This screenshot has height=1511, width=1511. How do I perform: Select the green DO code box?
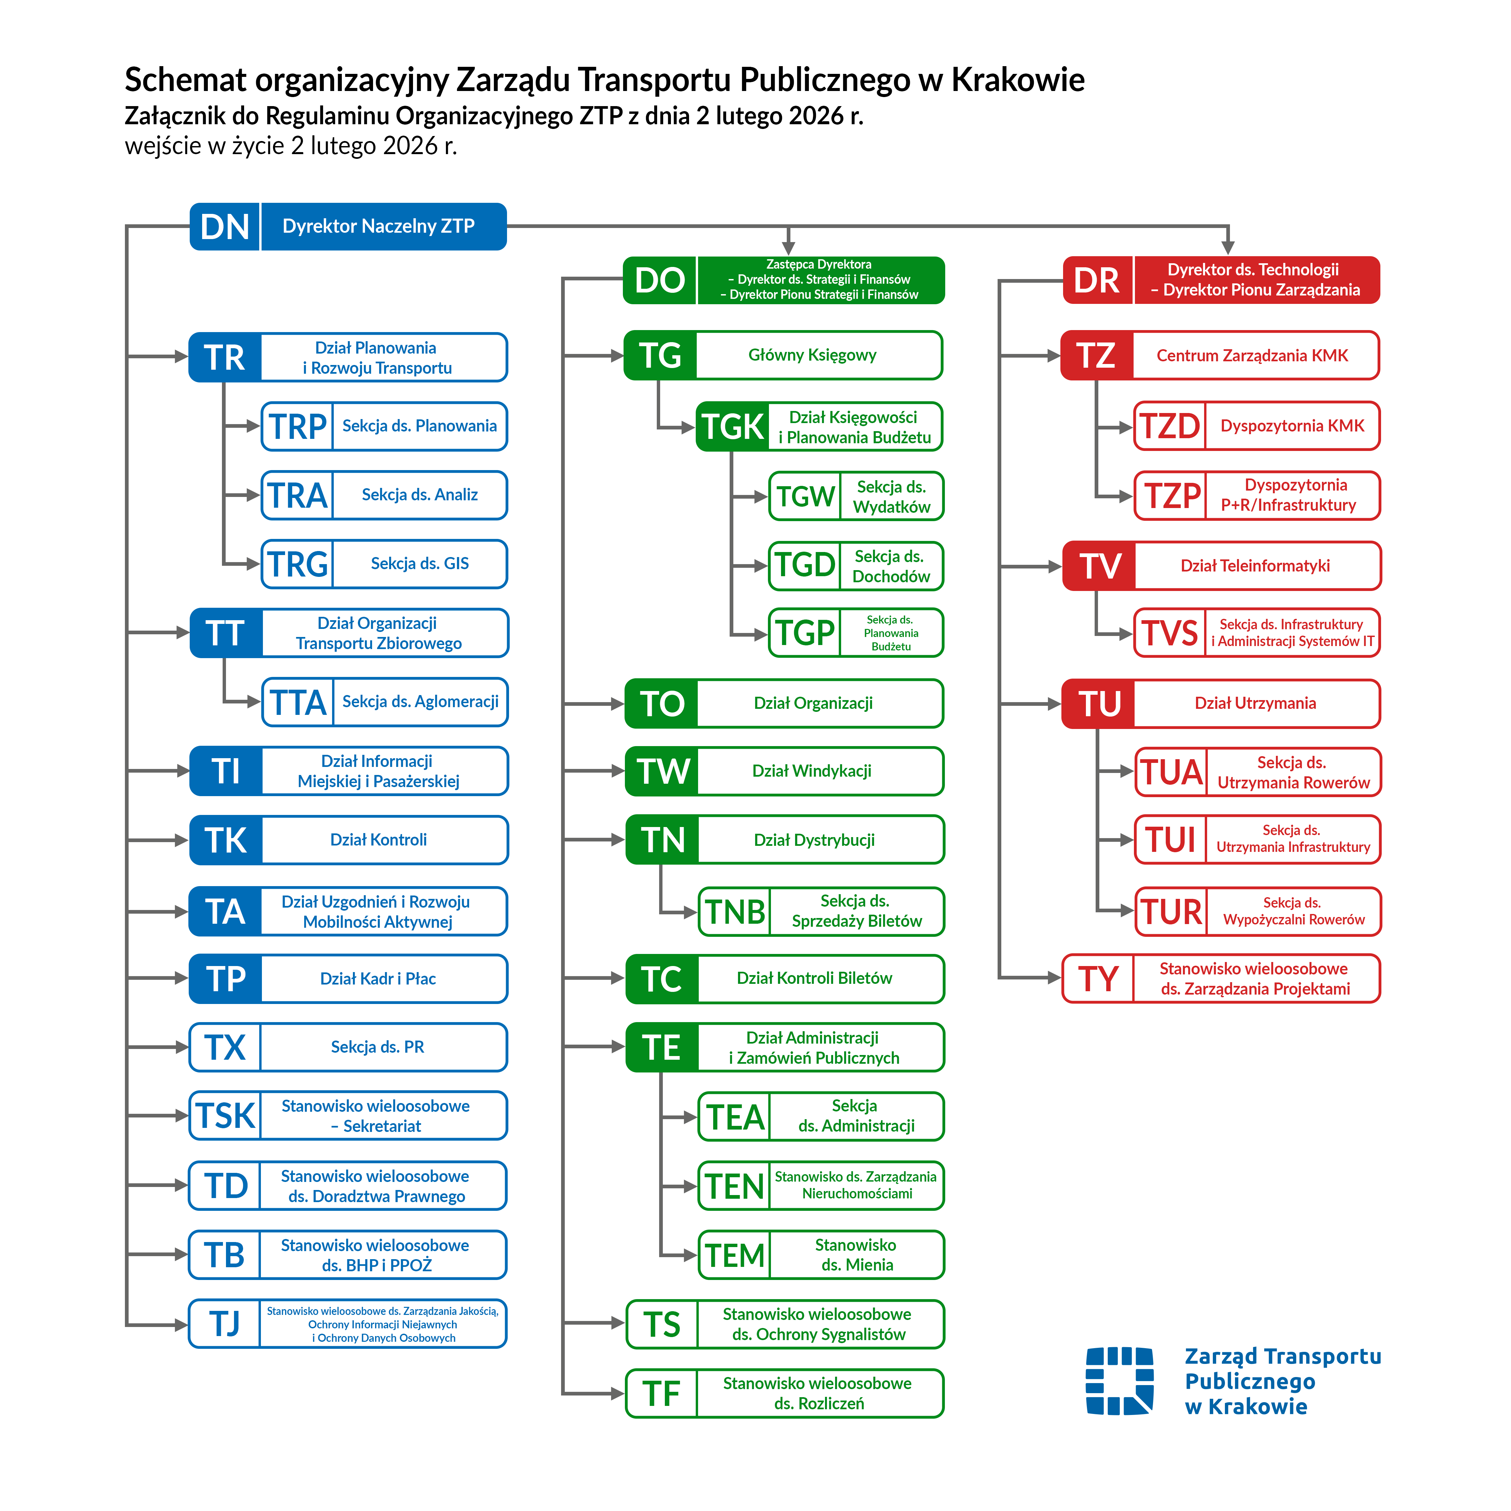click(x=659, y=280)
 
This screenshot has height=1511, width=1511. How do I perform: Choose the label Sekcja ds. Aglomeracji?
click(x=420, y=701)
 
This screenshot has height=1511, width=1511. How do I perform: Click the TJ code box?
click(x=224, y=1324)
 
